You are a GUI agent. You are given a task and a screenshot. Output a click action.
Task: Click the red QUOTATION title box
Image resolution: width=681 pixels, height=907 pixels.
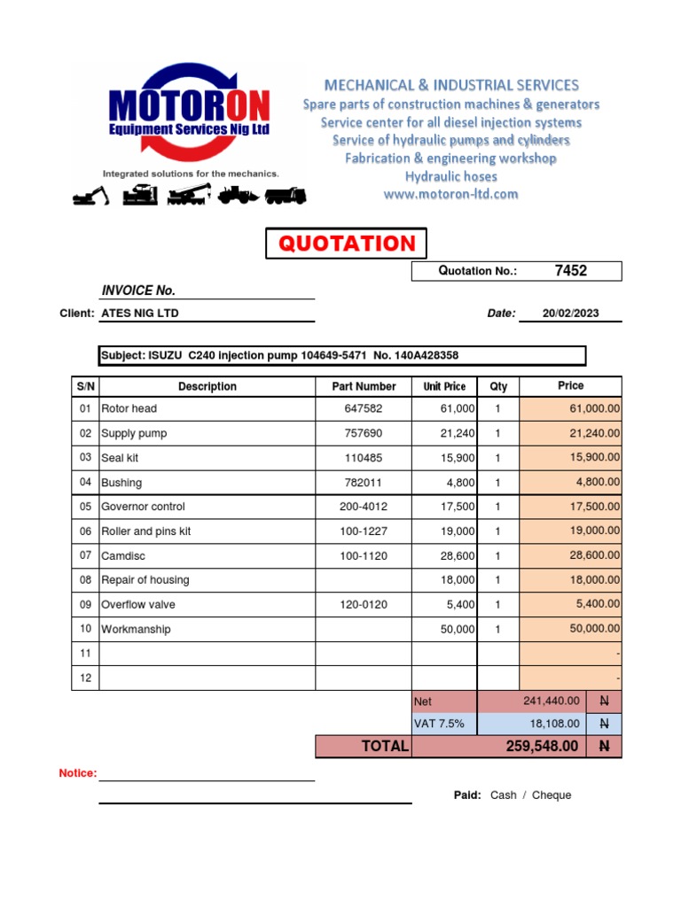[347, 244]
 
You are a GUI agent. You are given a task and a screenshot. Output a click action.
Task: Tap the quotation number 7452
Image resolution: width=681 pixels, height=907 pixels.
[570, 271]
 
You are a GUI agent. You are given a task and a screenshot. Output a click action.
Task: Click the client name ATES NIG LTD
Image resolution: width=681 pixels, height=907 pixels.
[140, 314]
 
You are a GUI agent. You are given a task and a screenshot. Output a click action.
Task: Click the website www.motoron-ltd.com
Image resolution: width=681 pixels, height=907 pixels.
[450, 194]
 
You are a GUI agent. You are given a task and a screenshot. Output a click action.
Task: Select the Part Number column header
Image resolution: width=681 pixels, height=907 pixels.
[364, 386]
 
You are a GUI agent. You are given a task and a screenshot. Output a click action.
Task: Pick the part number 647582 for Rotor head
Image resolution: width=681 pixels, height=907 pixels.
[364, 409]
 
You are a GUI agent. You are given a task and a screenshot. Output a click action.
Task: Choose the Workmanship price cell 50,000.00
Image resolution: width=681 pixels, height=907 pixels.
[594, 629]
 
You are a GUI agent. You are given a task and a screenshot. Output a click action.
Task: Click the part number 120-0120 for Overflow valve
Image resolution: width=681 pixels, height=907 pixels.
[364, 605]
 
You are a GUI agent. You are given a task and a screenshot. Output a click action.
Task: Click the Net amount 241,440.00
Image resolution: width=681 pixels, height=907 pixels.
[552, 702]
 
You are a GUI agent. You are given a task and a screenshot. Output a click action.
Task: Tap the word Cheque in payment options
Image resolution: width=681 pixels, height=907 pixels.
[552, 795]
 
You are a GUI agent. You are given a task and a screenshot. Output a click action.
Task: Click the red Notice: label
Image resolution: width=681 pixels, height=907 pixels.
[78, 773]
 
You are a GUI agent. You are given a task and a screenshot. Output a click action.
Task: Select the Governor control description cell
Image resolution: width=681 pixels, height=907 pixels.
[144, 507]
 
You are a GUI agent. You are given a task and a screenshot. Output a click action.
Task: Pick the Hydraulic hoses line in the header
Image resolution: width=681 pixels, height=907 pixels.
[450, 176]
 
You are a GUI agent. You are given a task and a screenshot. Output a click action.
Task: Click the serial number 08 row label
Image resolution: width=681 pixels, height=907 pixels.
[85, 580]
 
